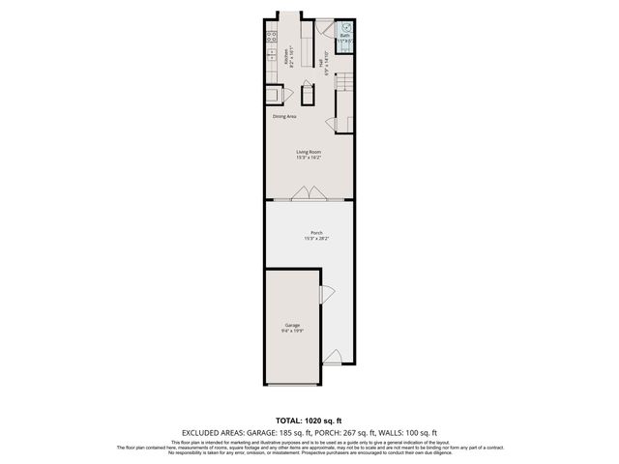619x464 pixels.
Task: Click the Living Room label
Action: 309,152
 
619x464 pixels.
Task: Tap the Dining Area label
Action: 284,116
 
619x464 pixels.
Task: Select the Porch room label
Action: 316,232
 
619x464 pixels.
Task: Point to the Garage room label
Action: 292,325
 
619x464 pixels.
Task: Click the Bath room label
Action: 344,36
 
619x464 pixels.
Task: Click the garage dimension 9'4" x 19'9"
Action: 292,332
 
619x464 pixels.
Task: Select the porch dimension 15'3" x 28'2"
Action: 316,239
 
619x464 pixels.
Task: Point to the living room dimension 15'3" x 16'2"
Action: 309,159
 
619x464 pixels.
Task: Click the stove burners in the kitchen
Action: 271,38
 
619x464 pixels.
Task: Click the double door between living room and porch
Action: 308,193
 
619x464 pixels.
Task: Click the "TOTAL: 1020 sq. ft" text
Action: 309,420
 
